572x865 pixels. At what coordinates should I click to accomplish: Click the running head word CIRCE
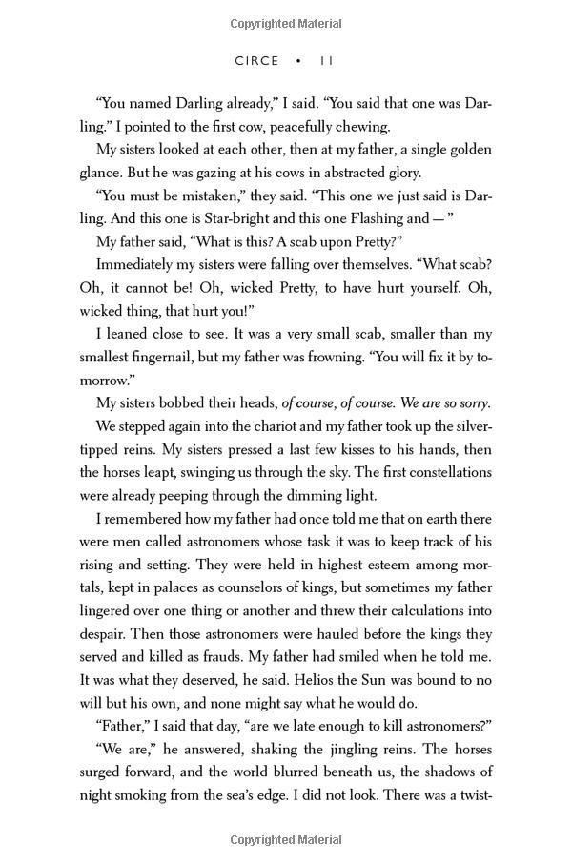click(256, 61)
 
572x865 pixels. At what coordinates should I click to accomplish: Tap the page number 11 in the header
click(326, 61)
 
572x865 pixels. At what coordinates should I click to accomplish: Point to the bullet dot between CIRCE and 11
click(299, 61)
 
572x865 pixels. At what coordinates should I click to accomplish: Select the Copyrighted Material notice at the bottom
click(286, 840)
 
